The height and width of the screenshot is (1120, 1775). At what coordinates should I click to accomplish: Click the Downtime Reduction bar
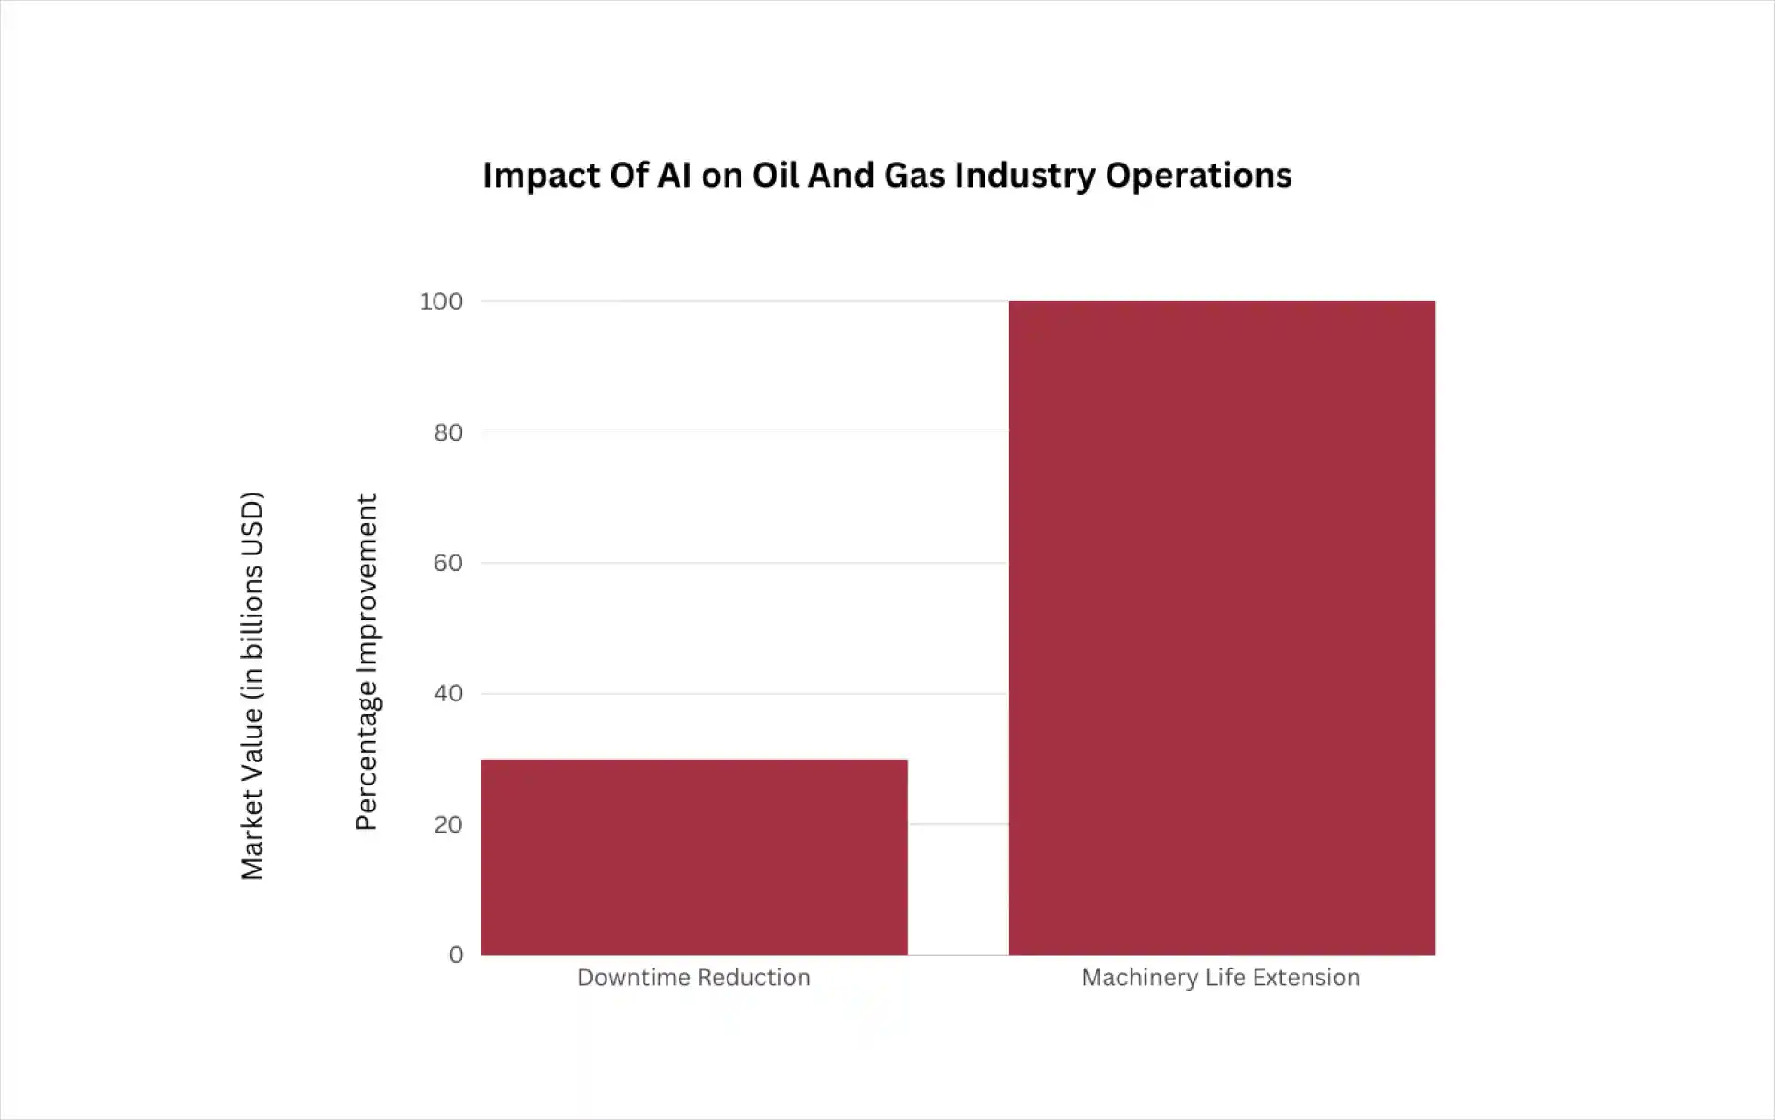pyautogui.click(x=693, y=857)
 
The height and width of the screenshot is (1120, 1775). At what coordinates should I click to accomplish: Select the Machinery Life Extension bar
pyautogui.click(x=1221, y=627)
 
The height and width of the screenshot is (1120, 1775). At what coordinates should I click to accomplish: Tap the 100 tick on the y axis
pyautogui.click(x=441, y=301)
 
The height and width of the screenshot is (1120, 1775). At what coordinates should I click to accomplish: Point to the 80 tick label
pyautogui.click(x=448, y=432)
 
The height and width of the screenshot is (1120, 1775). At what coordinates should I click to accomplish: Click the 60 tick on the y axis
pyautogui.click(x=448, y=563)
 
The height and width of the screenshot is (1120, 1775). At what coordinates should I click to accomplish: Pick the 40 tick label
pyautogui.click(x=448, y=693)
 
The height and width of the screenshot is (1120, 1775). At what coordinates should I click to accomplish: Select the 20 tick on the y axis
pyautogui.click(x=448, y=824)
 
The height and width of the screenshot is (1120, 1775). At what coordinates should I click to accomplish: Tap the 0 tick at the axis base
pyautogui.click(x=456, y=955)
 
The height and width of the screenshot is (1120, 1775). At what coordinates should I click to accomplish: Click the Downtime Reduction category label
pyautogui.click(x=693, y=978)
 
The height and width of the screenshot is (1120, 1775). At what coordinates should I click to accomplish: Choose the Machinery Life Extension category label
pyautogui.click(x=1220, y=978)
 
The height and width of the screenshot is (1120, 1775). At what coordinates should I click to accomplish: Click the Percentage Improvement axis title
pyautogui.click(x=367, y=662)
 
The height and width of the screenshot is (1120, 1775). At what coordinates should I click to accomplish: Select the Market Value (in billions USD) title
pyautogui.click(x=252, y=685)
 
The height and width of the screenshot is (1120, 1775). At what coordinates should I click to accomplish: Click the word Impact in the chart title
pyautogui.click(x=540, y=176)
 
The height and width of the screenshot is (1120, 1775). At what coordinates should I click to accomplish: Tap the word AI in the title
pyautogui.click(x=674, y=176)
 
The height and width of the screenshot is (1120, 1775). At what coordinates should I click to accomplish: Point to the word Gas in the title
pyautogui.click(x=913, y=176)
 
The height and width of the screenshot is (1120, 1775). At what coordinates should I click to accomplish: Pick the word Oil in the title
pyautogui.click(x=775, y=176)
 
